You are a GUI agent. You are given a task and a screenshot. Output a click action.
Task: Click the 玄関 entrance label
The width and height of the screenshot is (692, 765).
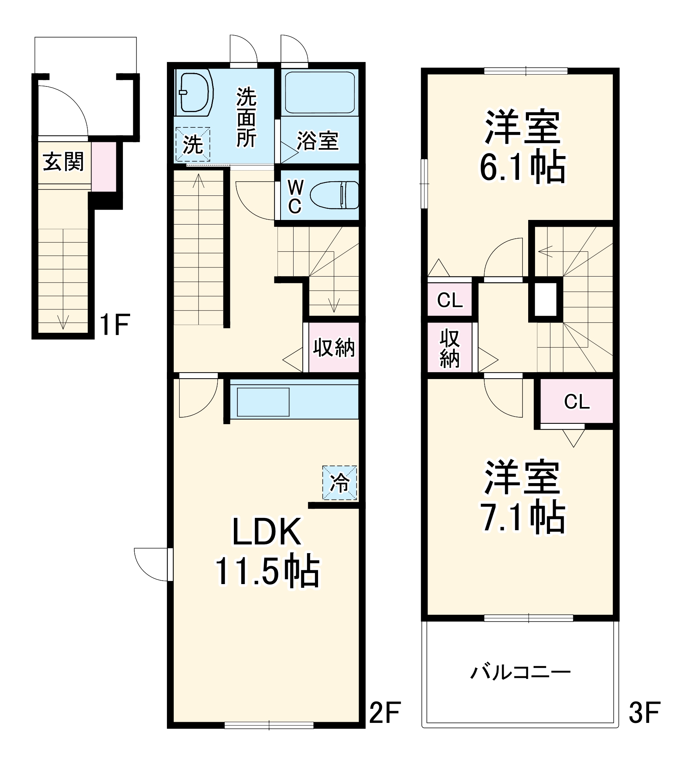pos(63,162)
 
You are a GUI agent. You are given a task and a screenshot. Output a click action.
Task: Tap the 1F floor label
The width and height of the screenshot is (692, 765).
pos(114,325)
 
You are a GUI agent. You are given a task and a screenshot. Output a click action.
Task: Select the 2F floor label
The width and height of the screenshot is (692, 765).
pos(385,712)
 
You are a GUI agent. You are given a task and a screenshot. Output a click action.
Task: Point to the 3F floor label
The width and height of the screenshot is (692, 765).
pos(645,712)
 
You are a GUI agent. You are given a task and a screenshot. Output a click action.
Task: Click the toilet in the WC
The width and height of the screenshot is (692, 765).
pos(334,195)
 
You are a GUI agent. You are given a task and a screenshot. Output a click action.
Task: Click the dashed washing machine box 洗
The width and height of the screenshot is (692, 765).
pos(193,144)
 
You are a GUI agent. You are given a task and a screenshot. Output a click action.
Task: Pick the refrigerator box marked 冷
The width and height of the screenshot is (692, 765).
pos(339,483)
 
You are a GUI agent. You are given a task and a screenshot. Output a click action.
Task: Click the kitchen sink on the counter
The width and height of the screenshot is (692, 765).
pos(263,402)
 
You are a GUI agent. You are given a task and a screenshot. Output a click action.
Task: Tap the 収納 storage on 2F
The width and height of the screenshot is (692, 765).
pos(334,347)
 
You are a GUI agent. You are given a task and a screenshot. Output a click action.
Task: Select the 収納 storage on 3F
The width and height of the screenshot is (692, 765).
pos(449,348)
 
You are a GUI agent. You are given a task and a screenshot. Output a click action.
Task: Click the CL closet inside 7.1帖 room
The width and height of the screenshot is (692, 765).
pos(576,402)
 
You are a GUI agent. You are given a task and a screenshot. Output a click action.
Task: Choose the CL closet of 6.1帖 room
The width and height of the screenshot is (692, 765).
pos(449,300)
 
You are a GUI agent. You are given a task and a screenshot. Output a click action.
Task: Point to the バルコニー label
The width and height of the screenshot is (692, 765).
pos(520,672)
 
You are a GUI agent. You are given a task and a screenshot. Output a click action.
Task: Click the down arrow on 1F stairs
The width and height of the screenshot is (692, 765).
pos(63,322)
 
